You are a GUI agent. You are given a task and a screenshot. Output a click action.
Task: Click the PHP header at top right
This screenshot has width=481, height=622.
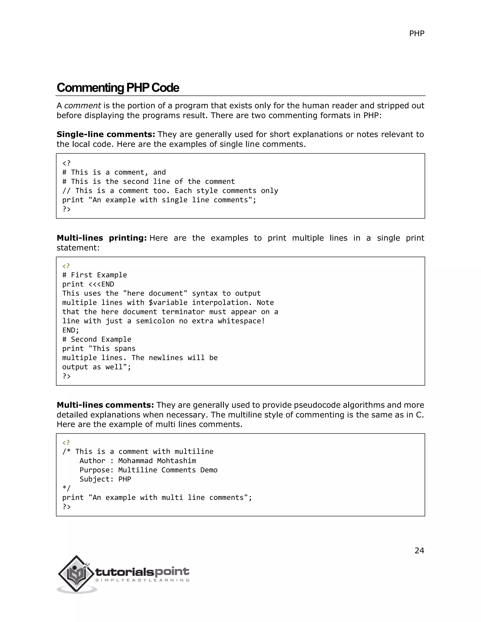point(416,34)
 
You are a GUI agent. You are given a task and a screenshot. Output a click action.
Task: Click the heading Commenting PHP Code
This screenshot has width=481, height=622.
point(118,88)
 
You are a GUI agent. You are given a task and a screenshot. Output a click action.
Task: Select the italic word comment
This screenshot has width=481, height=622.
point(82,106)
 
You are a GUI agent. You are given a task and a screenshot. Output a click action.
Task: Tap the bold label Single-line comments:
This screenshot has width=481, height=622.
point(106,134)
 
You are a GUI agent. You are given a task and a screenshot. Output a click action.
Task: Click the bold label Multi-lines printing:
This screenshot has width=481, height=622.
point(101,238)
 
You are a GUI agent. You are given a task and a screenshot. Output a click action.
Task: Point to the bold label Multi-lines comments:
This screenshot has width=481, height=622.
point(105,405)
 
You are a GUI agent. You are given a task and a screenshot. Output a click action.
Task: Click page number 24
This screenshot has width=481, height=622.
point(419,550)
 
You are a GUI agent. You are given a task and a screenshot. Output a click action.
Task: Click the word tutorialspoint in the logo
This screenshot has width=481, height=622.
point(142,571)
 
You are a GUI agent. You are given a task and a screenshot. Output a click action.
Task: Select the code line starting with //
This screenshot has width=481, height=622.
point(170,191)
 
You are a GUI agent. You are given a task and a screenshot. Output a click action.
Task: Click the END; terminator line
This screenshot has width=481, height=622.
point(71,330)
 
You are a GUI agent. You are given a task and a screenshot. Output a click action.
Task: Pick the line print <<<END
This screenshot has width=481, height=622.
point(88,284)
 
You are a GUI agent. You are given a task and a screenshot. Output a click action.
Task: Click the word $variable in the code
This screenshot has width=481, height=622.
point(168,303)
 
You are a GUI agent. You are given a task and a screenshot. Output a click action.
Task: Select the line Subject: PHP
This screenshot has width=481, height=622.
point(105,479)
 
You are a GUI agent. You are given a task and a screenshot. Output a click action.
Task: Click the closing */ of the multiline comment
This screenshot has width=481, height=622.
point(66,488)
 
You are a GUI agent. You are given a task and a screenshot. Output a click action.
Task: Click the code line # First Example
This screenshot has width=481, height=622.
point(95,275)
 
